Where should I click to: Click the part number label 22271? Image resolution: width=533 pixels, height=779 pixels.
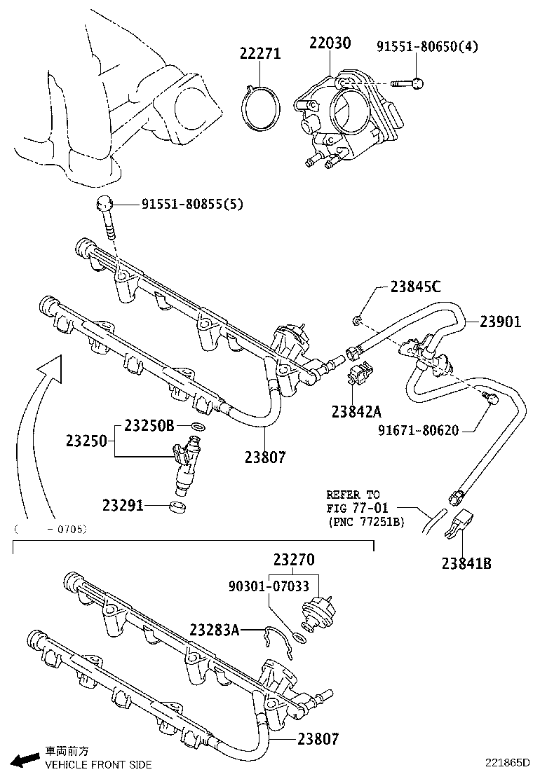pos(261,53)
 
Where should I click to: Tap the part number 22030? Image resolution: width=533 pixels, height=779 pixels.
pos(330,44)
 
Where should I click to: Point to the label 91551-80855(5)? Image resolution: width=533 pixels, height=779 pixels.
pos(192,205)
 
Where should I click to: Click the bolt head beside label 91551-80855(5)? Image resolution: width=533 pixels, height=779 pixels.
pos(104,205)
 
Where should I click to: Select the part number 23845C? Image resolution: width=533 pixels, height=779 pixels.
pos(416,287)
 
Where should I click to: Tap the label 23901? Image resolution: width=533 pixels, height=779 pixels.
pos(501,322)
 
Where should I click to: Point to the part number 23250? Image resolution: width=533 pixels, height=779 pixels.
pos(86,441)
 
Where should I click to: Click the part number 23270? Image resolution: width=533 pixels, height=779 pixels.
pos(294,560)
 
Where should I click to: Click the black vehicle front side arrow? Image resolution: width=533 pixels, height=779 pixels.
pos(27,759)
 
